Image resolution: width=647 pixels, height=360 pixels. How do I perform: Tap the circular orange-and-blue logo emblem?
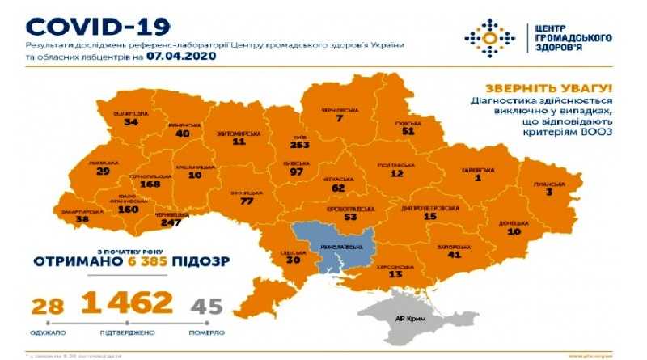tap(490, 35)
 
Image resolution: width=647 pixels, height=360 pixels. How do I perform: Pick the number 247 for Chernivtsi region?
tap(171, 222)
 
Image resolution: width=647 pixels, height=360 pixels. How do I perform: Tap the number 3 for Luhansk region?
tap(548, 193)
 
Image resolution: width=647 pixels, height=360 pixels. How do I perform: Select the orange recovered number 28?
tap(49, 306)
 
